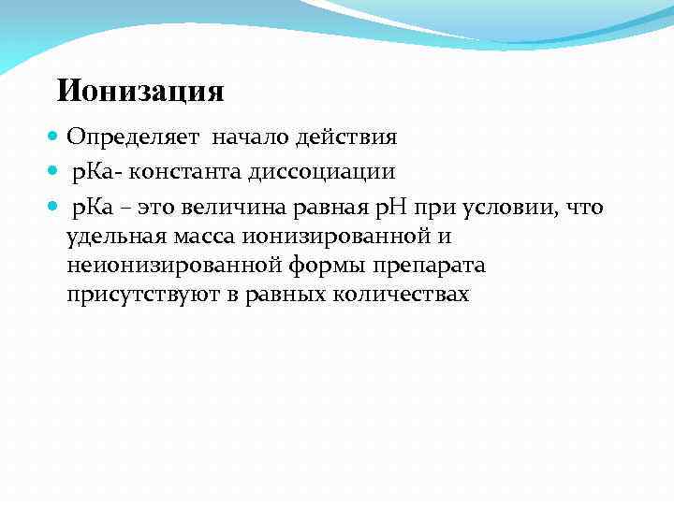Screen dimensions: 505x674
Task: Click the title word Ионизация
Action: [x=140, y=92]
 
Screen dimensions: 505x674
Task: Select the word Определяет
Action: [x=133, y=138]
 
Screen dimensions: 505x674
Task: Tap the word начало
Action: [x=249, y=138]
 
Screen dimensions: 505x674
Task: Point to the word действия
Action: [x=346, y=138]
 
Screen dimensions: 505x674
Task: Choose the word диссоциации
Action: [x=323, y=172]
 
